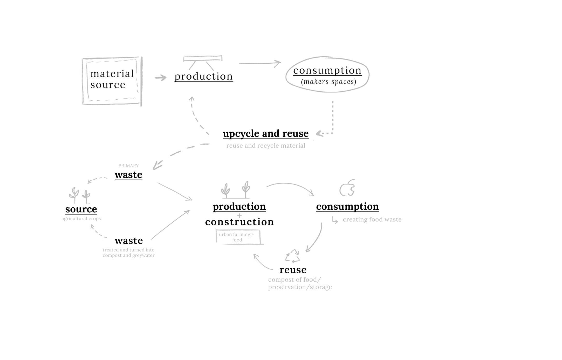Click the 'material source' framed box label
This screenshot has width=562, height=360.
[112, 79]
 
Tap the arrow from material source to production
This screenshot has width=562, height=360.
[161, 78]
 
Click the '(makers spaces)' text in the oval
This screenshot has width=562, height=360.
[328, 82]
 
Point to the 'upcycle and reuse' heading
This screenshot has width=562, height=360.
[266, 133]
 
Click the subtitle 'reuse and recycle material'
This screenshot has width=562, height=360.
[266, 146]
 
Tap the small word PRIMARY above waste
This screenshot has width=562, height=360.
[128, 166]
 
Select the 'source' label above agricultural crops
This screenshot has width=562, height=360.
[81, 209]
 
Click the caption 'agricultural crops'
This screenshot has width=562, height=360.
[81, 219]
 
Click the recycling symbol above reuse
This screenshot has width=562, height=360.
[292, 256]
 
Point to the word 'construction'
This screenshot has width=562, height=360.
[239, 222]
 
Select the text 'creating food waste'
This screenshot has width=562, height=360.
[372, 220]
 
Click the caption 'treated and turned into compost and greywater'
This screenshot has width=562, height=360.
[128, 253]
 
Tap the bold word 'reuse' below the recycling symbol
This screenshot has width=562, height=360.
[293, 270]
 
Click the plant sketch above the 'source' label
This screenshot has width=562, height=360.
[79, 195]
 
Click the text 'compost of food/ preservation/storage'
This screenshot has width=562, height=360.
[300, 283]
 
